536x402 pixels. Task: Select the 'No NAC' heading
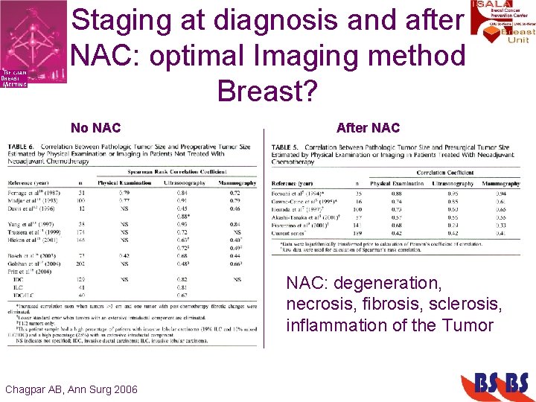click(95, 128)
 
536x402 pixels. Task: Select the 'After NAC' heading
click(368, 128)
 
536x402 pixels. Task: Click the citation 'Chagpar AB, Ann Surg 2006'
click(71, 389)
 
